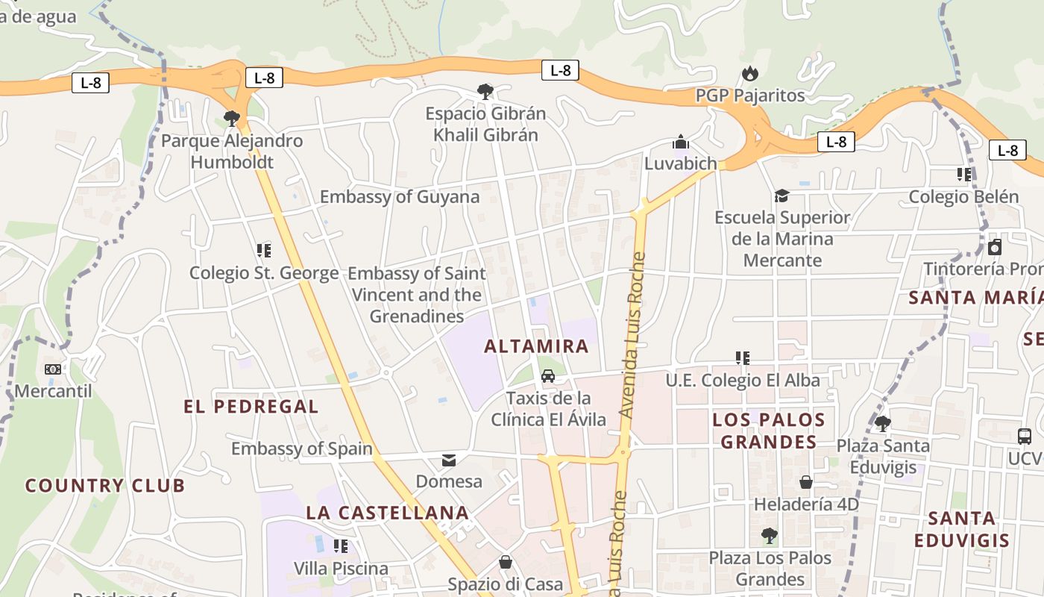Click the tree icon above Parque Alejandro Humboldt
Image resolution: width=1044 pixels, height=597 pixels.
pos(232,118)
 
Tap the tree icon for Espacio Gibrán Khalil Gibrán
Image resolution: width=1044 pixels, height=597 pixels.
pos(485,92)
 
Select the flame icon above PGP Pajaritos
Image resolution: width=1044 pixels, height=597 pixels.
pos(749,73)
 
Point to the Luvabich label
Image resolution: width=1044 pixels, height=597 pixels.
pos(680,163)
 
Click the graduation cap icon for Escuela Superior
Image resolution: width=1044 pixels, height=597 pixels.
pos(782,196)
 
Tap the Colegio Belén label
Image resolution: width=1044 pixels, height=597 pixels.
pos(963,197)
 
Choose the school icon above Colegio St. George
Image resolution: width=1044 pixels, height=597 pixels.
pos(263,250)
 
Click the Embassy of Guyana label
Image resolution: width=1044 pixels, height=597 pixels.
pos(399,197)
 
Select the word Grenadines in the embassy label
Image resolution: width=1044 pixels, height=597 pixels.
pos(417,316)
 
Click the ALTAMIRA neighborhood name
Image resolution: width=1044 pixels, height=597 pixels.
pos(536,346)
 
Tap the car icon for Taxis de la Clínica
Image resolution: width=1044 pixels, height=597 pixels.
pos(548,375)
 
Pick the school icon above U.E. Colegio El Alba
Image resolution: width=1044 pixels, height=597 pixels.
pos(742,358)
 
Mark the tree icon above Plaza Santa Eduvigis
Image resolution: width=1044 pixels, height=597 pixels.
pos(882,424)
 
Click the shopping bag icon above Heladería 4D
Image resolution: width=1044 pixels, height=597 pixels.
pos(806,482)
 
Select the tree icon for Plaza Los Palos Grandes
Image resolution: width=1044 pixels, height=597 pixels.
pos(770,536)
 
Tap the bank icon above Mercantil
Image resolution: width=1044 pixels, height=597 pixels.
pos(53,369)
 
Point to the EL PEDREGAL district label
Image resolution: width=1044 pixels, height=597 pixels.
pos(251,407)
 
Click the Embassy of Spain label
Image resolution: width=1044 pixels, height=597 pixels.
pos(301,448)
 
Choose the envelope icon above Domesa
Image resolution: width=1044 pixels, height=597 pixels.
pos(449,460)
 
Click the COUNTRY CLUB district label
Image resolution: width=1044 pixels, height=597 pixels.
pos(105,486)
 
